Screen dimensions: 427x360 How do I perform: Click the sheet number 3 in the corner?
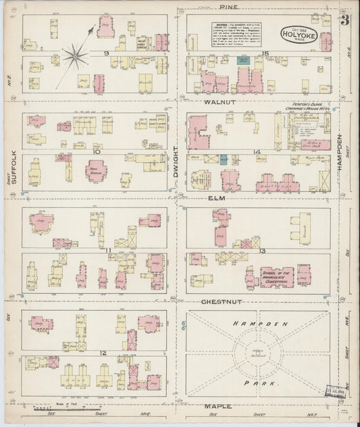coord(345,20)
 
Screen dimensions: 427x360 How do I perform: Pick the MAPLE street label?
coord(217,406)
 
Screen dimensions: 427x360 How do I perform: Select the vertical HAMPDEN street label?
coord(340,151)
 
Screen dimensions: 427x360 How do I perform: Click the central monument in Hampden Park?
coord(257,352)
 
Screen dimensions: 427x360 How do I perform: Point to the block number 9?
coord(106,52)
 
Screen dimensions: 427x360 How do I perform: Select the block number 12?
coord(103,353)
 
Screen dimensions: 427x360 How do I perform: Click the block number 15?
coord(266,52)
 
